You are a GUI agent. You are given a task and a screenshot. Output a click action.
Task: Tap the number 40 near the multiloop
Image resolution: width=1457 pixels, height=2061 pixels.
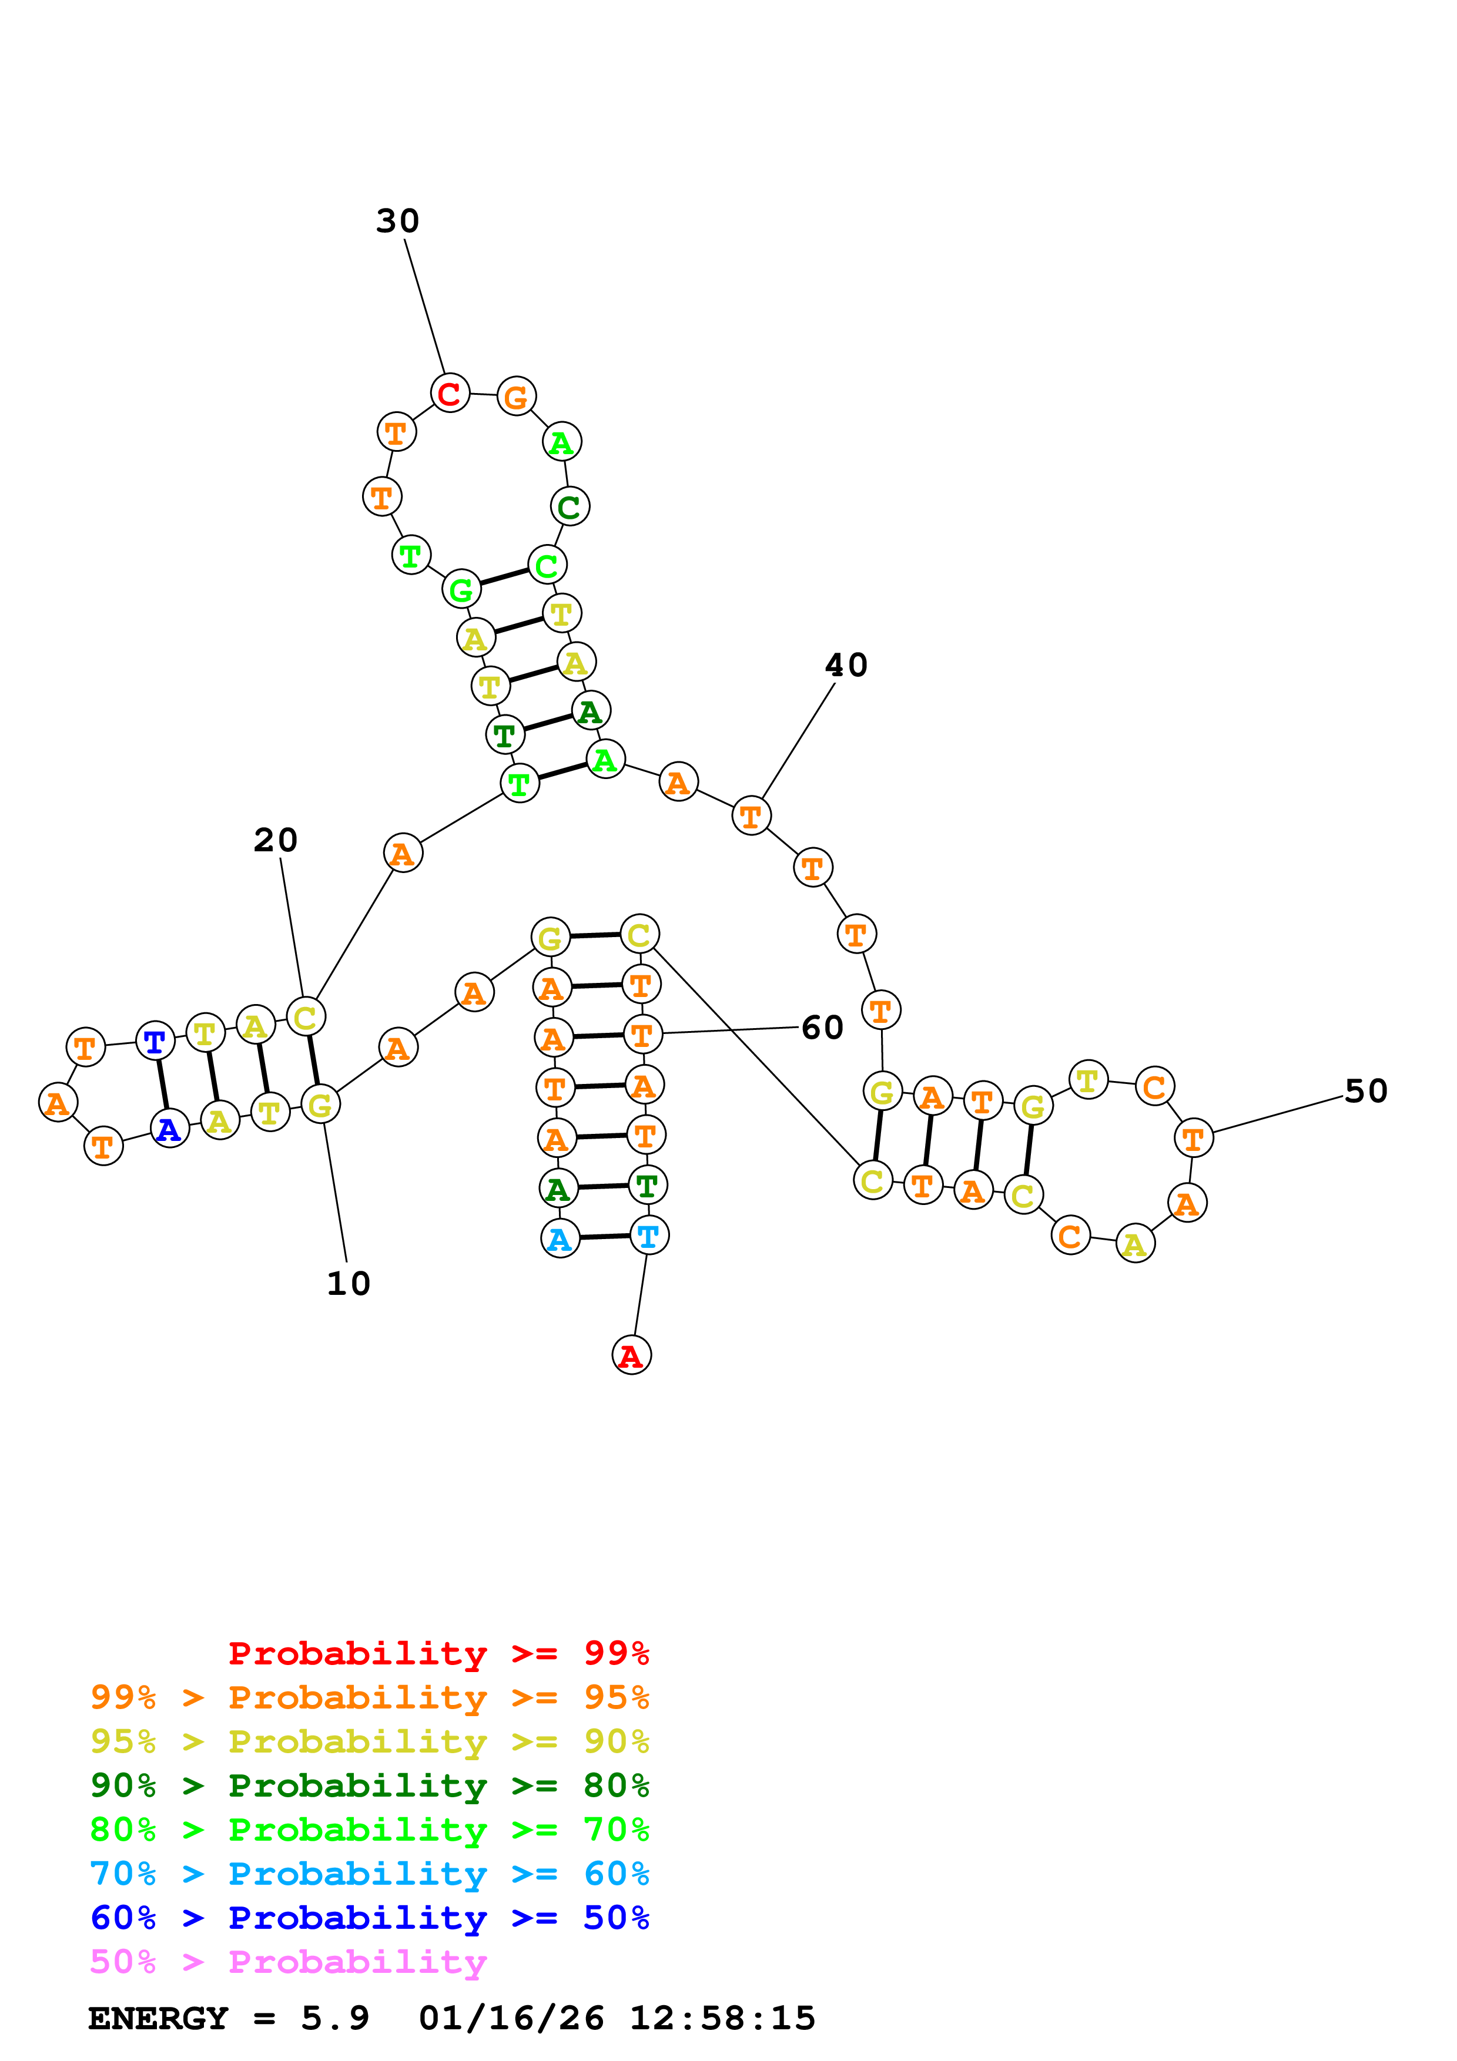point(846,665)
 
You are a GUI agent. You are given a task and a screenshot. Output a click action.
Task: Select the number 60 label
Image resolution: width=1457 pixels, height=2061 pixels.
point(822,1027)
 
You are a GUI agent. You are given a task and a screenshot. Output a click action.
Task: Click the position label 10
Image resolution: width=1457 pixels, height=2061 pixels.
point(349,1284)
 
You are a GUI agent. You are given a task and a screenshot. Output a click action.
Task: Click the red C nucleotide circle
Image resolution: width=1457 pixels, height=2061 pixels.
point(450,393)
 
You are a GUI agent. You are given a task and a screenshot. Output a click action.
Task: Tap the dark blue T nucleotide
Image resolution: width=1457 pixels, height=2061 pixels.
point(155,1041)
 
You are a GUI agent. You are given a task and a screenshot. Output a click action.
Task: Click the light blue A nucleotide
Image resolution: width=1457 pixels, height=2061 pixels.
point(560,1240)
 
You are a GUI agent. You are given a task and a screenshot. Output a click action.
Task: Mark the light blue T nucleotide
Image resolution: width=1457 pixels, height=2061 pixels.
point(648,1236)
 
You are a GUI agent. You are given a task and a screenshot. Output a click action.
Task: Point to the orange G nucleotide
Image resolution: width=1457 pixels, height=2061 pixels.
point(516,397)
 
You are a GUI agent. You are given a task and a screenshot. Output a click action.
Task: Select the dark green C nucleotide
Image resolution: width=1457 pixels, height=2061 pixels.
point(569,507)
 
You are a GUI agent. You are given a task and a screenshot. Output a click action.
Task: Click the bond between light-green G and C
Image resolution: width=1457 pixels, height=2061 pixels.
point(504,577)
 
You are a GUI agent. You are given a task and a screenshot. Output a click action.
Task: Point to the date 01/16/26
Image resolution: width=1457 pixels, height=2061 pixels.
point(511,2018)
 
